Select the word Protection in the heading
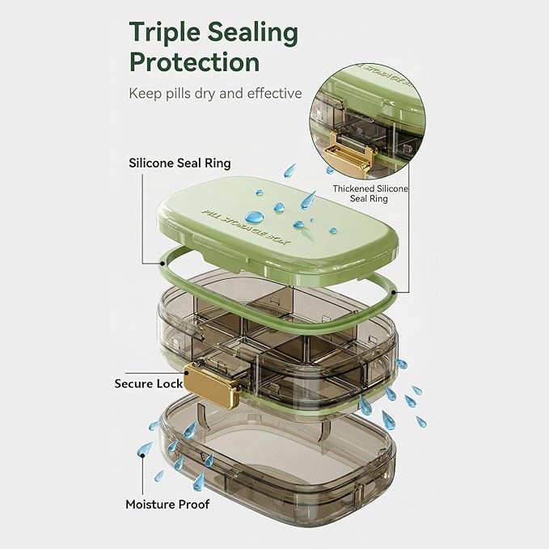coord(194,61)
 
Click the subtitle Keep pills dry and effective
coord(215,94)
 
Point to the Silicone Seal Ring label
coord(179,163)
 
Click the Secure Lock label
coord(149,384)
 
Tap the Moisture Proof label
coord(167,505)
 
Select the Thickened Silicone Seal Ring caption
coord(370,193)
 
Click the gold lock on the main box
coord(212,384)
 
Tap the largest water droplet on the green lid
coord(254,217)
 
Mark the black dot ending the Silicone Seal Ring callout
coord(162,263)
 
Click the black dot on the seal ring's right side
coord(395,292)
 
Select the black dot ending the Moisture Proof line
coord(142,455)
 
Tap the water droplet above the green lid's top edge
coord(289,170)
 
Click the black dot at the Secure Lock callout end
coord(188,374)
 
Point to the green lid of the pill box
coord(277,230)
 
